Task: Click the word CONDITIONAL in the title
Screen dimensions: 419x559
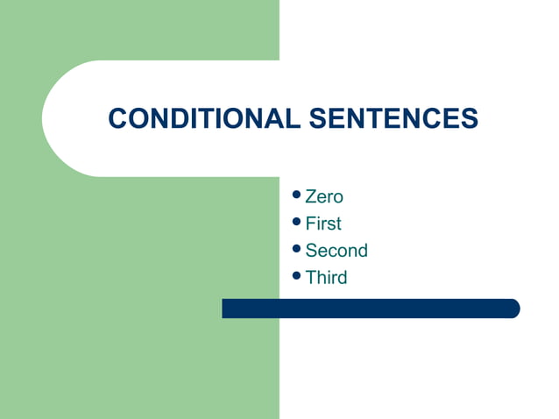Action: click(204, 118)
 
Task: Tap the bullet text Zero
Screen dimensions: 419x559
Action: click(324, 196)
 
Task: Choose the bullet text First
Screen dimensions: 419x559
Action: click(323, 224)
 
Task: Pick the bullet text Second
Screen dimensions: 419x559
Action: click(336, 251)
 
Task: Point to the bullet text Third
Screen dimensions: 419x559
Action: click(326, 278)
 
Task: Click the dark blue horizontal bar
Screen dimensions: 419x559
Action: click(368, 309)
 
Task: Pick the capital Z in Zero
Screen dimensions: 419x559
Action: click(310, 196)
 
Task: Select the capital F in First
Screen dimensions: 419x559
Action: click(310, 224)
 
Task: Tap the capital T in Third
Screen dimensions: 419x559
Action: click(310, 278)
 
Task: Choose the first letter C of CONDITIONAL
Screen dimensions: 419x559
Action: click(117, 118)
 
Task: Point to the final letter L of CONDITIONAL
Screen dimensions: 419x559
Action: click(293, 118)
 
